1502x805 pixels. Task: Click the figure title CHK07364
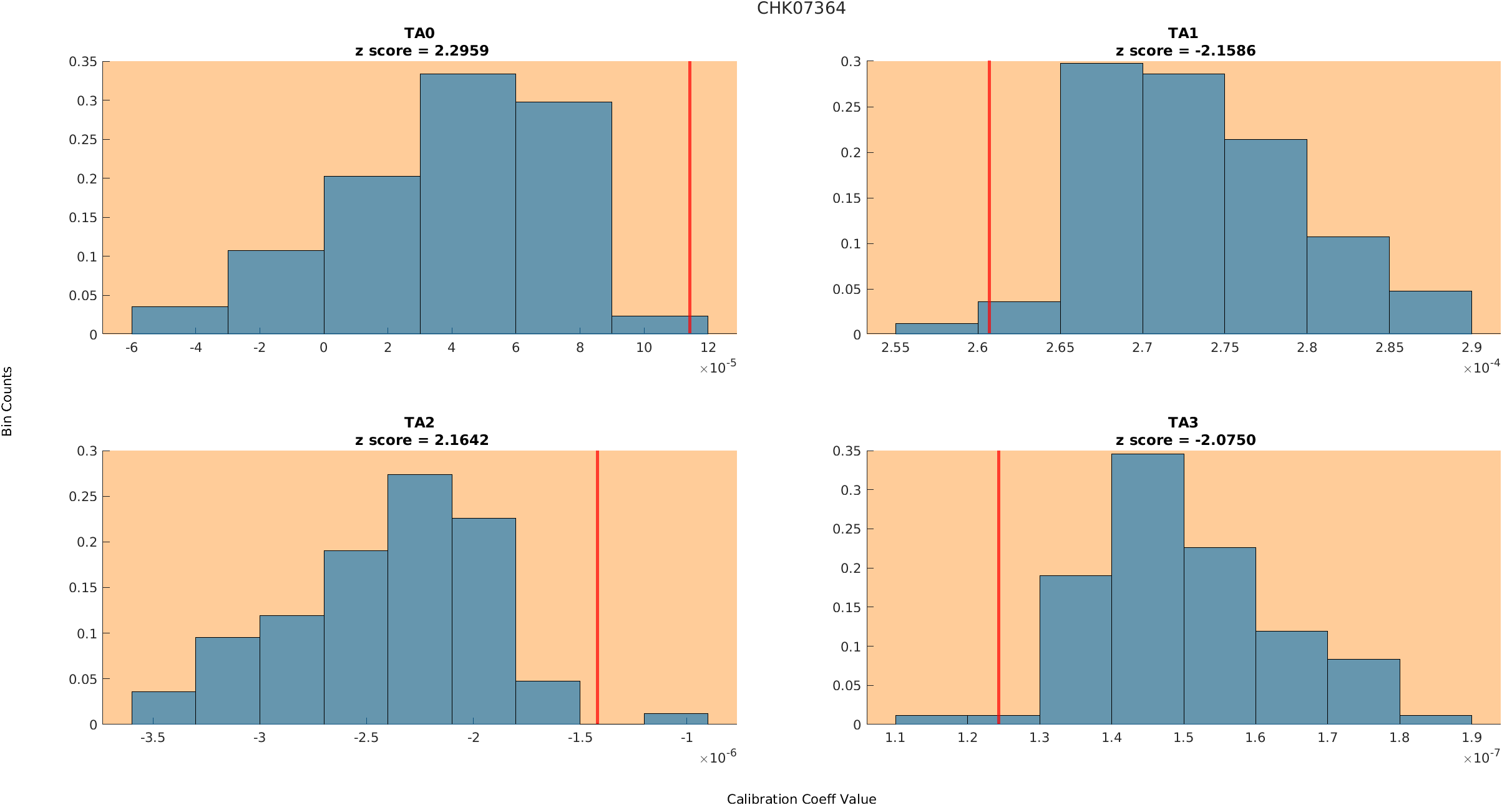(801, 8)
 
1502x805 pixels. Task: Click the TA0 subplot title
(419, 33)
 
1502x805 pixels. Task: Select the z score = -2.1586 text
(1186, 51)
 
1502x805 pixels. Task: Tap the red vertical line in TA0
(690, 197)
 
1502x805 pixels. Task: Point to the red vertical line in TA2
(597, 587)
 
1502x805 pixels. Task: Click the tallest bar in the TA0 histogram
(468, 204)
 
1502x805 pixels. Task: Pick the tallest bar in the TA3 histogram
(1148, 589)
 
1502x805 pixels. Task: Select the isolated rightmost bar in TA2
(676, 719)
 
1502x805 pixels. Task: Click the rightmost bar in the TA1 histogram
(1430, 313)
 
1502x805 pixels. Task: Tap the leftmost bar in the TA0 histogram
(180, 320)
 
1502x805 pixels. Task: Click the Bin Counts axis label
(7, 401)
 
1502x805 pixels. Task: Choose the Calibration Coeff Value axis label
(801, 799)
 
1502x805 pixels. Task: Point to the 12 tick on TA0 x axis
(708, 348)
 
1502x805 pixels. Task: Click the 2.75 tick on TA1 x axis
(1225, 348)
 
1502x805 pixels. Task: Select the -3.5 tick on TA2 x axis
(153, 738)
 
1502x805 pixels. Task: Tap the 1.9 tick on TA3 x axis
(1471, 738)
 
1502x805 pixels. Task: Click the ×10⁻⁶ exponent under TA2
(718, 757)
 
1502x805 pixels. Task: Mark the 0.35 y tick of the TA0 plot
(83, 61)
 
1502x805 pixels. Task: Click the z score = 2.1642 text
(422, 440)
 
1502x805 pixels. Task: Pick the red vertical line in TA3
(998, 587)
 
